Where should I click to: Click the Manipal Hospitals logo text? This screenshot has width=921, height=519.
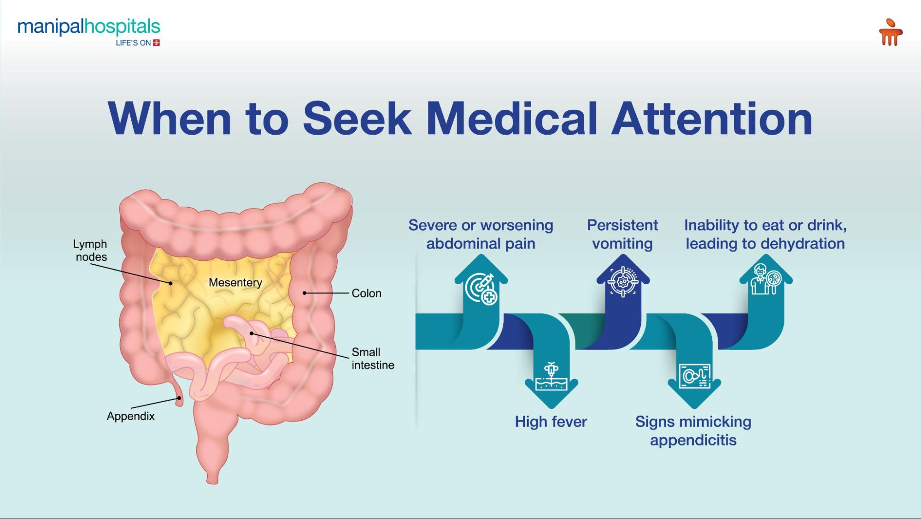(88, 28)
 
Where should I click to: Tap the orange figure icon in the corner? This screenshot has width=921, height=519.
(890, 32)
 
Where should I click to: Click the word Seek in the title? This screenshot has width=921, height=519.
(357, 119)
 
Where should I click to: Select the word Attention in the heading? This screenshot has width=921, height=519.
(712, 119)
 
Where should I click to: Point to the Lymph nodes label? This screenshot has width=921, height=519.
(90, 250)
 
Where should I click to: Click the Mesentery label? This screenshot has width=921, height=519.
(235, 282)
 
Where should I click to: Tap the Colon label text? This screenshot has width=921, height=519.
(366, 293)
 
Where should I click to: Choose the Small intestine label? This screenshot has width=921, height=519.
(372, 358)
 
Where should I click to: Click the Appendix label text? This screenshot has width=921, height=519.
(130, 416)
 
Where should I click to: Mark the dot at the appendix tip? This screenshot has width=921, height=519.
(179, 398)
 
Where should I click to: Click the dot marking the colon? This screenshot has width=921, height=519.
(305, 293)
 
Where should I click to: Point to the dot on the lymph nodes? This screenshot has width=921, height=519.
(170, 283)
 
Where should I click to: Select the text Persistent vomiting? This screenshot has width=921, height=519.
(622, 234)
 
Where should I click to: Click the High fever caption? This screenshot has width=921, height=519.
(551, 422)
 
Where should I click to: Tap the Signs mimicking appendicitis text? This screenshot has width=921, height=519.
(693, 430)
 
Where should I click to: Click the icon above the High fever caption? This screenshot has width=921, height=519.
(551, 376)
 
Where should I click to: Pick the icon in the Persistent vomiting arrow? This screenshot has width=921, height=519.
(623, 281)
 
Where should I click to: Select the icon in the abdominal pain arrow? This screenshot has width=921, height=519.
(481, 289)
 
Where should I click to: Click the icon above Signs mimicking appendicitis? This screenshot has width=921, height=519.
(694, 376)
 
